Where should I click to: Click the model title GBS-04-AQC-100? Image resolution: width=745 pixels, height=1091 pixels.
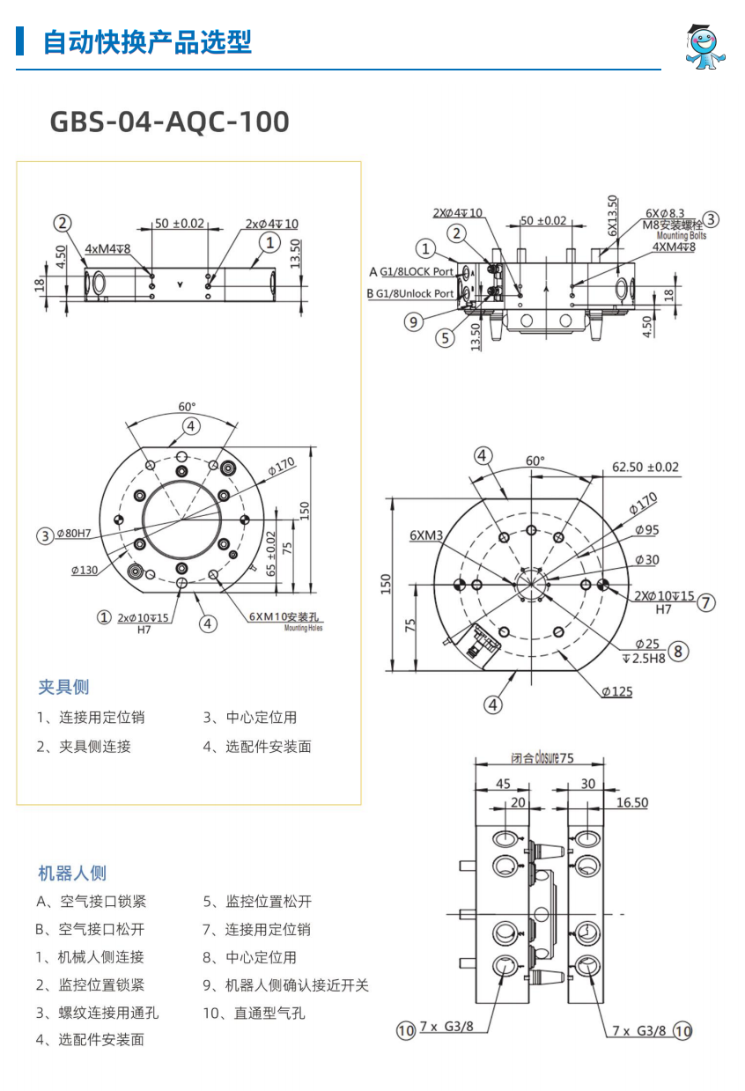169,122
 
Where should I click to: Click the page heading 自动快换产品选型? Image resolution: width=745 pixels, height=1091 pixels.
147,41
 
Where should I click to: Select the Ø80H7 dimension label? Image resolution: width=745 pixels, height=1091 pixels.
75,534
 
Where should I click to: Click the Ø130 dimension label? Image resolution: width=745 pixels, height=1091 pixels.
85,571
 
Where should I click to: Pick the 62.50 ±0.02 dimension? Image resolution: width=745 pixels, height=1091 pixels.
645,467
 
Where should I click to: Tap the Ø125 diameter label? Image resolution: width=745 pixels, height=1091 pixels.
617,691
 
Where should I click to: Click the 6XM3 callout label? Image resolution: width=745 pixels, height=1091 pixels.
426,534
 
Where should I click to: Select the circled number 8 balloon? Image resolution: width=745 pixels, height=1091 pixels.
677,652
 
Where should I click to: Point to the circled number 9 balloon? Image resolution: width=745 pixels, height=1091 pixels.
414,321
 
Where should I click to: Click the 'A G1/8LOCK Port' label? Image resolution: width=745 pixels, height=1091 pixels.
410,272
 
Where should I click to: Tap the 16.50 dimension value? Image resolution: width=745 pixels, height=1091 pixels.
631,802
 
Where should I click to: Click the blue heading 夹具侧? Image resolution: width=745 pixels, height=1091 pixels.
63,687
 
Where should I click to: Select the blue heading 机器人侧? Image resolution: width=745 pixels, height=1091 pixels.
72,873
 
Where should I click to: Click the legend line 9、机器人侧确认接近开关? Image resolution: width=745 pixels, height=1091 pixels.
285,984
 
